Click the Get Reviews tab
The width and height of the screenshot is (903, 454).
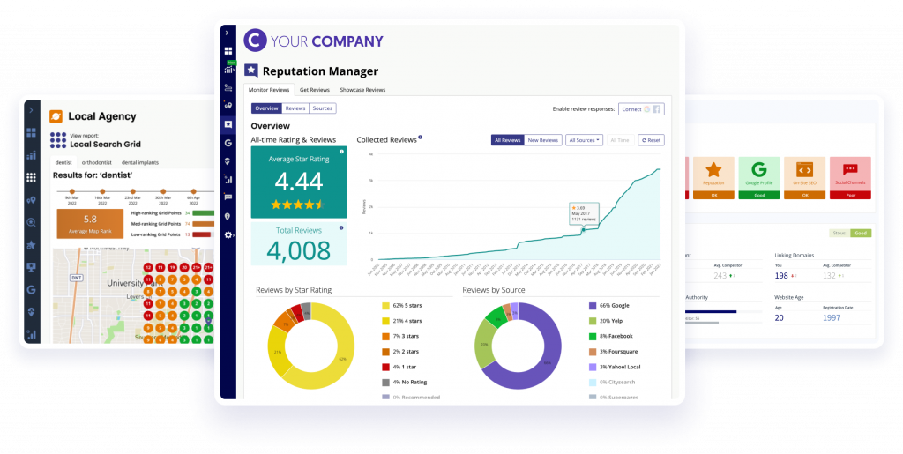(x=315, y=90)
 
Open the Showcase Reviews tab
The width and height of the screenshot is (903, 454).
(x=362, y=90)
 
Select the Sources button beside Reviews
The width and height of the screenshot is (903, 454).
(x=323, y=108)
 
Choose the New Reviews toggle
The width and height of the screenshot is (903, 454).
(x=543, y=140)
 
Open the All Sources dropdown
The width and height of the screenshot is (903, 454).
(x=585, y=140)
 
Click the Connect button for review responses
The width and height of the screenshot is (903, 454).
(x=641, y=109)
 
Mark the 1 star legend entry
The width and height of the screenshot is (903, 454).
(x=401, y=366)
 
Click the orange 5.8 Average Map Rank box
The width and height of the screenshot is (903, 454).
(x=89, y=223)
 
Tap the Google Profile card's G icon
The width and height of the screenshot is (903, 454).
(x=757, y=167)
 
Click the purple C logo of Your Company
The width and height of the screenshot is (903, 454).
(x=254, y=41)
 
